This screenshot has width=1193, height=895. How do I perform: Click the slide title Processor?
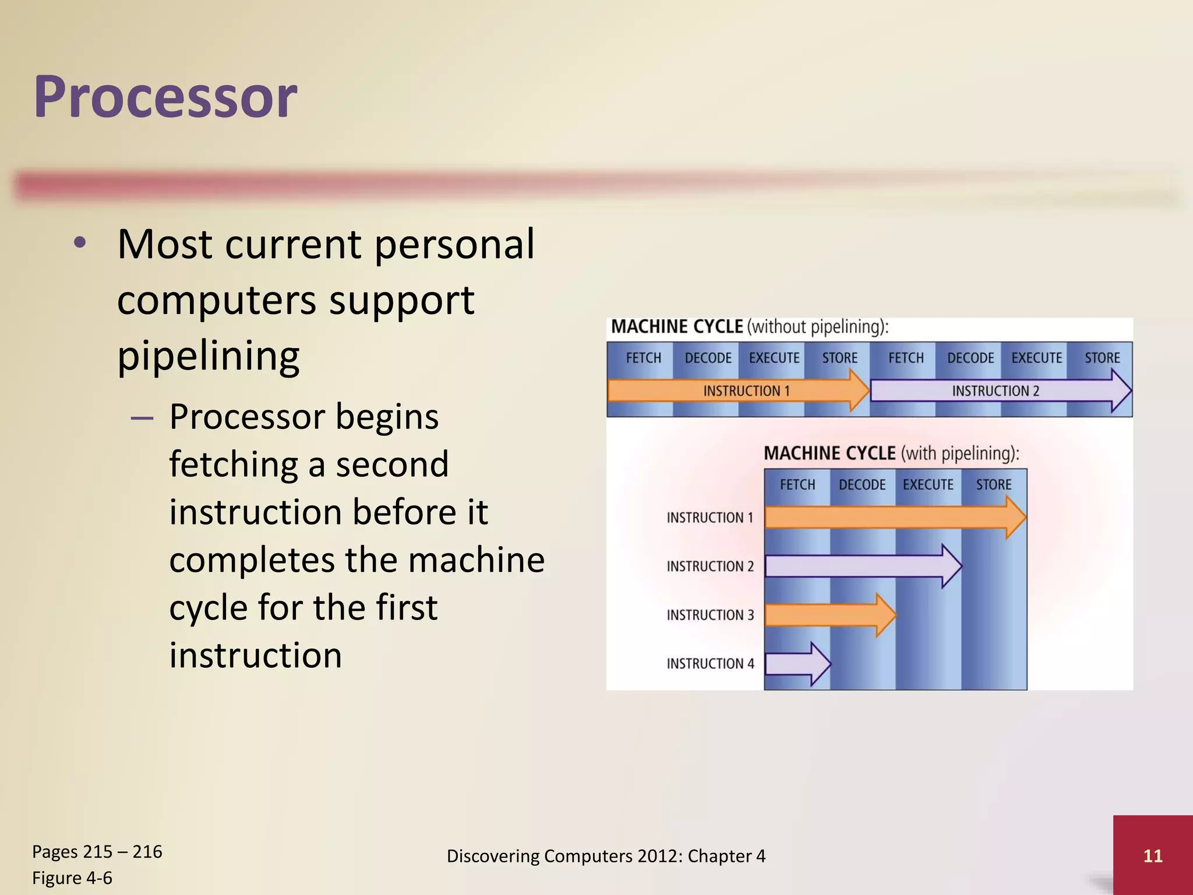point(165,97)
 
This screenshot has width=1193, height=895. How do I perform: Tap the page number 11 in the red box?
point(1152,856)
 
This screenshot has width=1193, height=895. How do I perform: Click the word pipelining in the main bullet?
point(208,355)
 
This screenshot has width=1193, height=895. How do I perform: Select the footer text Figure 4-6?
point(72,878)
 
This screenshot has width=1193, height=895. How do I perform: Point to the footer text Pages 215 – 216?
point(97,852)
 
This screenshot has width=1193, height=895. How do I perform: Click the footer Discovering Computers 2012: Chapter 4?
point(606,856)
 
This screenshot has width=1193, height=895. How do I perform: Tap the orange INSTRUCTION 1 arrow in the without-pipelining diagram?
point(734,390)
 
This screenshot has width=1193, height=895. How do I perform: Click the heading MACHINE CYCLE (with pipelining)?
point(891,453)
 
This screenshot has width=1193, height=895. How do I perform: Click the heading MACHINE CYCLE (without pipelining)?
point(750,327)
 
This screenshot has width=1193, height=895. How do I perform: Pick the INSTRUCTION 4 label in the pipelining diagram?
point(710,664)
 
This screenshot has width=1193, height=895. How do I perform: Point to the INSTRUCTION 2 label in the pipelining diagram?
point(710,566)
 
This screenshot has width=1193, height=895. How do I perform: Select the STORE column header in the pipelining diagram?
point(994,485)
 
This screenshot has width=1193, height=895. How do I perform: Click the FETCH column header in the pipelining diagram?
point(797,485)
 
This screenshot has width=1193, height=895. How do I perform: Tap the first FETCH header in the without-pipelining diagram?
point(644,358)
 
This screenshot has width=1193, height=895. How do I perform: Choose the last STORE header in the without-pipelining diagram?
point(1102,358)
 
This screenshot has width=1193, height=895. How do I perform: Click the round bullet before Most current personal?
point(80,244)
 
